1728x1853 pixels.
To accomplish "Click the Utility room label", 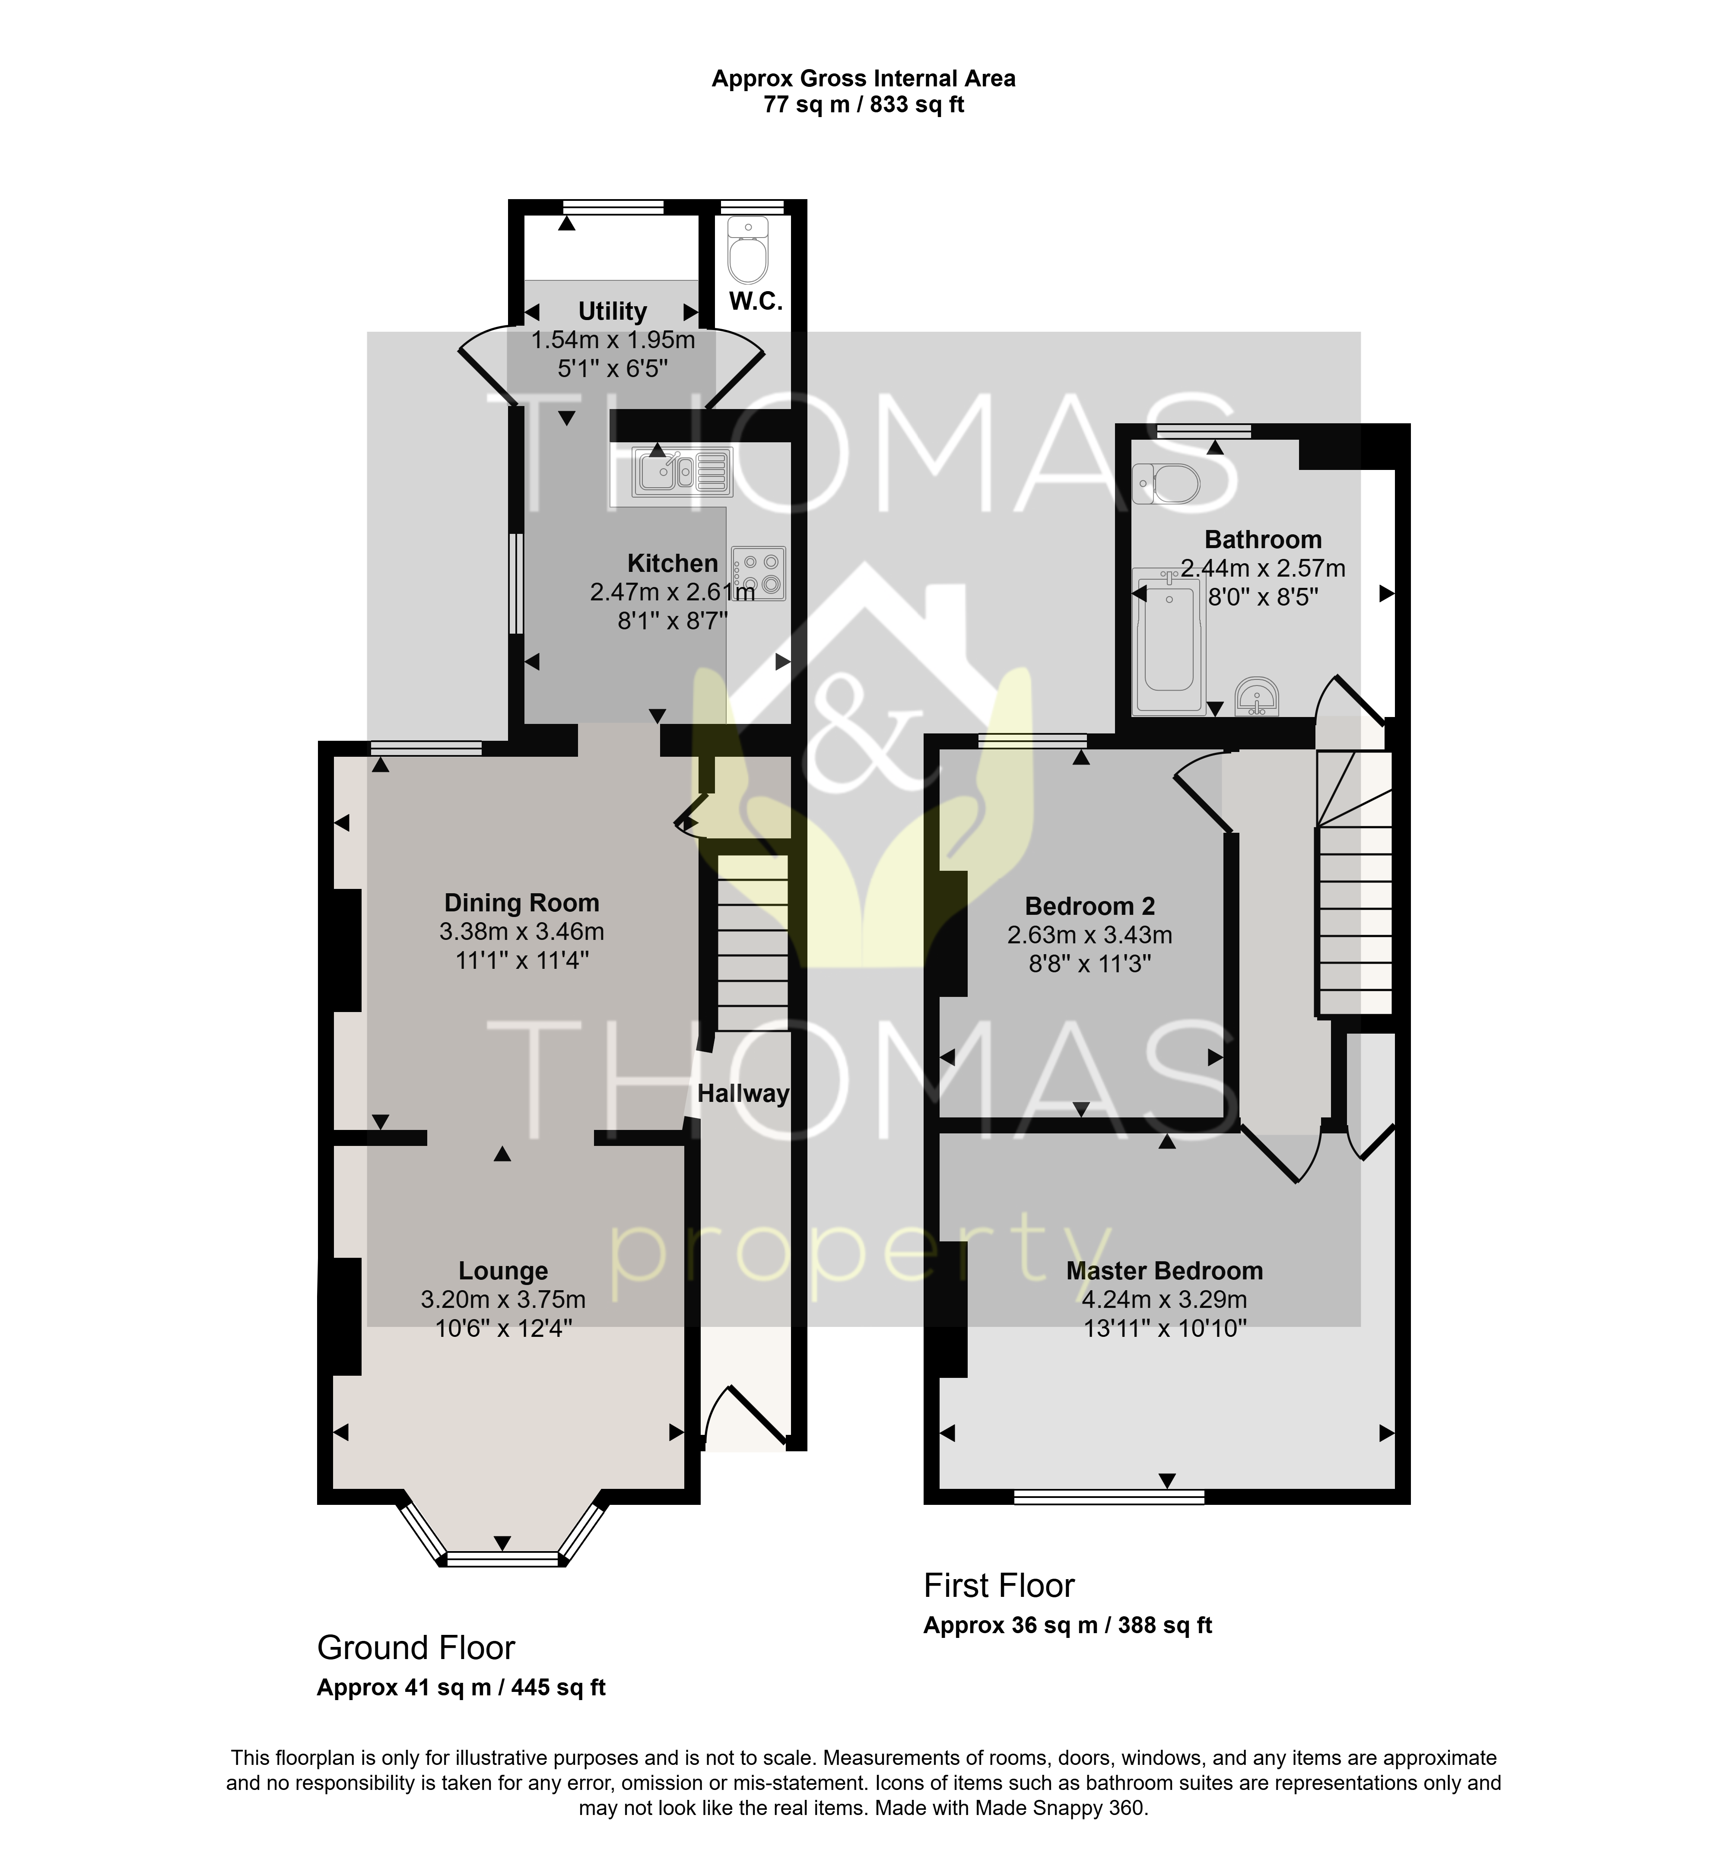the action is tap(612, 311).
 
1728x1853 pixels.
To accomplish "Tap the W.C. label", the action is tap(755, 301).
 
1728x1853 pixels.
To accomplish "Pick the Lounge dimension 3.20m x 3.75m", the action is tap(503, 1299).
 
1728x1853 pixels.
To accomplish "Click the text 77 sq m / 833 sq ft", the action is tap(864, 105).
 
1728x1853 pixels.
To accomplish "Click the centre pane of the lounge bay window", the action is tap(502, 1558).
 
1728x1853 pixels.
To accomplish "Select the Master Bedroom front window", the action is tap(1109, 1497).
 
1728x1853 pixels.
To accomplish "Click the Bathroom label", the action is tap(1263, 539).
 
